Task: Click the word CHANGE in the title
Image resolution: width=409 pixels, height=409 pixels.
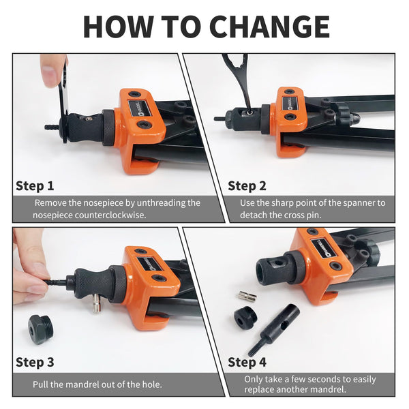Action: [x=269, y=27]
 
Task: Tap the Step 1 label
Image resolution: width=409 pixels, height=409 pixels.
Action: [x=35, y=186]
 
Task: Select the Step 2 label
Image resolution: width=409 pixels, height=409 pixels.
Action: [x=247, y=186]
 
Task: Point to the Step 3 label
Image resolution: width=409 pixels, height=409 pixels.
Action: [x=35, y=363]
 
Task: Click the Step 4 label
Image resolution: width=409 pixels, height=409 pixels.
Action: [x=247, y=363]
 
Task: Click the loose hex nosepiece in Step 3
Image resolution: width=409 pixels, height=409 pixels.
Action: [x=41, y=329]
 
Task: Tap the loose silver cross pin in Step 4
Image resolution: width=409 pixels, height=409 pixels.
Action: [x=247, y=296]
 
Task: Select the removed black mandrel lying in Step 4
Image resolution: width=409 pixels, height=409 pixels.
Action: [x=274, y=329]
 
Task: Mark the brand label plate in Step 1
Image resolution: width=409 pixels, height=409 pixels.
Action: [x=140, y=108]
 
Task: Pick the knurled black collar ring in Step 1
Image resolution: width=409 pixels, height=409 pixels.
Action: [x=108, y=127]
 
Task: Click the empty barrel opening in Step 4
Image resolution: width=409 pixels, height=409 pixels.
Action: [x=264, y=271]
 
